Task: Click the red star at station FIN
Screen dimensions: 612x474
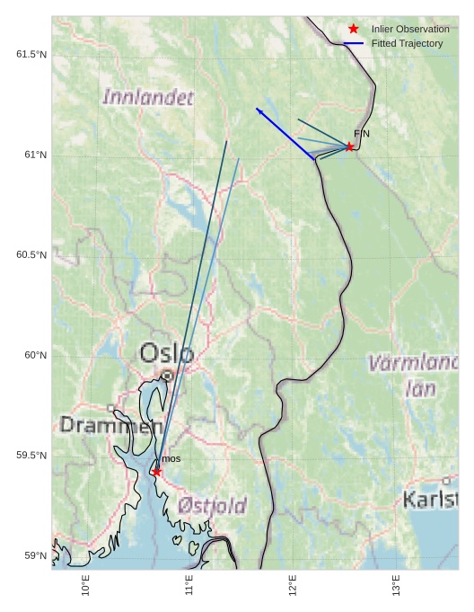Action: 349,146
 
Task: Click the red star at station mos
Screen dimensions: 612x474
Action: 157,472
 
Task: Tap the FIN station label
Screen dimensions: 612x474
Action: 362,134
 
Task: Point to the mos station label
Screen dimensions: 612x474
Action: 171,459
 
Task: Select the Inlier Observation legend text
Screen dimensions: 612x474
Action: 410,29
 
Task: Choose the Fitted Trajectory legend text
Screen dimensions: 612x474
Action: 407,43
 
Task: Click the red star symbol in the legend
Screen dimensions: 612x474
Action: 354,29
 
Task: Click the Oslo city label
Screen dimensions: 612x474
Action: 166,353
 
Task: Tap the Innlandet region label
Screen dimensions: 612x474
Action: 148,97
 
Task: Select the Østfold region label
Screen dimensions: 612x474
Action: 212,505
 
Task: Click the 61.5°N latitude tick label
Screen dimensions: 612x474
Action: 31,55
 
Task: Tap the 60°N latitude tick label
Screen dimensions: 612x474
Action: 35,355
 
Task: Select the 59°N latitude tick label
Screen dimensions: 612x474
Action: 35,555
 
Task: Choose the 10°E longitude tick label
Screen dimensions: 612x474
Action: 86,585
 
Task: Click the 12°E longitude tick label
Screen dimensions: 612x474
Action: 293,585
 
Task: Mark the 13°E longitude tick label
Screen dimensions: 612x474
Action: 397,585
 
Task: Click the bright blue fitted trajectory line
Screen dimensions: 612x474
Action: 285,134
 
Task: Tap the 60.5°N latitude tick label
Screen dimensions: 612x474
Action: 31,255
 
